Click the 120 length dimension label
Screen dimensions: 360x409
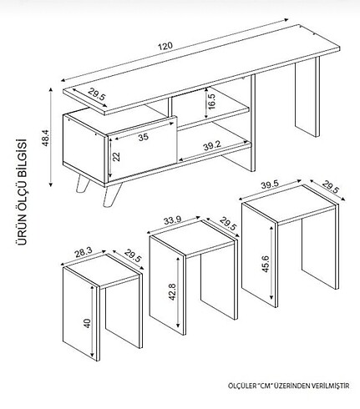165,46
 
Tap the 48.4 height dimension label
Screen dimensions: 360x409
46,138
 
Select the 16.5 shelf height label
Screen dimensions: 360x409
211,101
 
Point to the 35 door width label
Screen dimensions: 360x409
144,137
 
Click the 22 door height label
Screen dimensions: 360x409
117,156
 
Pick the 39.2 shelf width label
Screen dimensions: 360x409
211,145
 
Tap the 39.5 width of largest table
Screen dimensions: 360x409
270,185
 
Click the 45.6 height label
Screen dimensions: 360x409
266,264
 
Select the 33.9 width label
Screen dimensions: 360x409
172,220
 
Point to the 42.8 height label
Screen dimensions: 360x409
172,291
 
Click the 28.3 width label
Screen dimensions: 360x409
84,252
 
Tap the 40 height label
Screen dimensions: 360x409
87,323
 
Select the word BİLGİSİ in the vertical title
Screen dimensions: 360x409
22,154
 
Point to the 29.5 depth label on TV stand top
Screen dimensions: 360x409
97,94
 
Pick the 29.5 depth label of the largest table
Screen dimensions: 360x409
331,187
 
